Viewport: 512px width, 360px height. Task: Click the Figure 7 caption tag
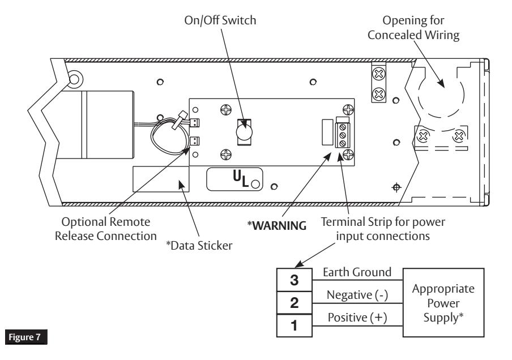(x=26, y=337)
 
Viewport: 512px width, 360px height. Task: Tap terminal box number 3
(x=294, y=280)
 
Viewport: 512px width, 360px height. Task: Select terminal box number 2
(x=294, y=303)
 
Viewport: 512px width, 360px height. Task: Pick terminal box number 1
(x=294, y=325)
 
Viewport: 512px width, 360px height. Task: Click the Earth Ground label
(x=357, y=272)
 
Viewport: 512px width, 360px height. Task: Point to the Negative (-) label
(x=357, y=295)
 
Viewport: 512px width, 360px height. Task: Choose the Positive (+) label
(x=357, y=317)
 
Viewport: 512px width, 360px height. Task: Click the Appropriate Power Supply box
(x=443, y=303)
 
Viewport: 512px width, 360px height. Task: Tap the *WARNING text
(x=277, y=225)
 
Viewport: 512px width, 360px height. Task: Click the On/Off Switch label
(x=220, y=20)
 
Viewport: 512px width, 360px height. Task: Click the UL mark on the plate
(x=241, y=179)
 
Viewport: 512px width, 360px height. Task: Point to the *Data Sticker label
(x=199, y=246)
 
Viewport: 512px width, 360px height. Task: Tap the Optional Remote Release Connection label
(x=106, y=229)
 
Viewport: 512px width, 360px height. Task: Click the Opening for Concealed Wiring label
(x=413, y=27)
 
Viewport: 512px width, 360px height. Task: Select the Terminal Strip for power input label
(x=383, y=229)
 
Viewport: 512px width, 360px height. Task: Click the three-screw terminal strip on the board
(x=342, y=135)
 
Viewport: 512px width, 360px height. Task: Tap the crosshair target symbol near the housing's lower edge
(x=396, y=187)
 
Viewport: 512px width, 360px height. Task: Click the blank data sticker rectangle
(x=161, y=179)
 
